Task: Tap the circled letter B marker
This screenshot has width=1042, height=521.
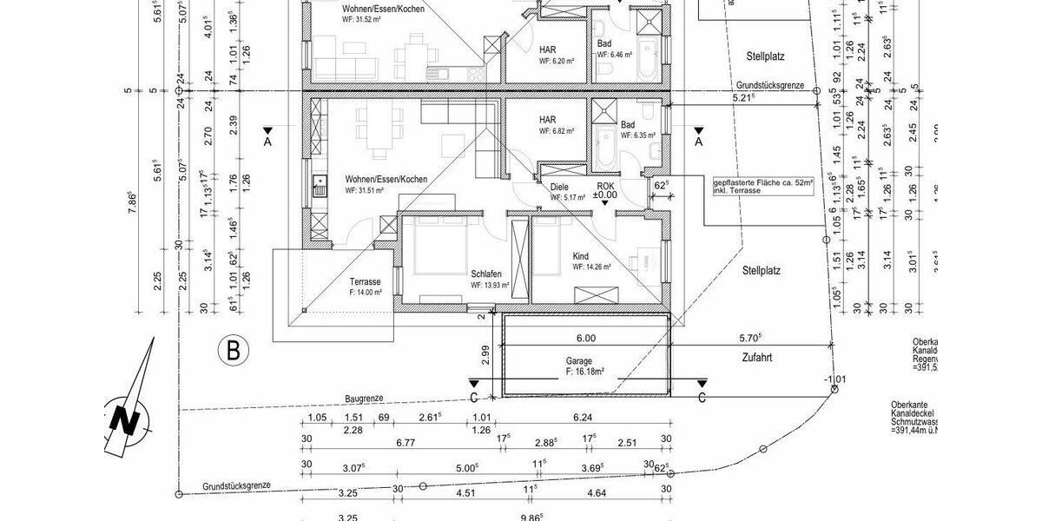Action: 233,351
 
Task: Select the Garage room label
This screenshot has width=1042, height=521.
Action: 579,361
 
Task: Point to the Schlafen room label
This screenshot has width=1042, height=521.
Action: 487,272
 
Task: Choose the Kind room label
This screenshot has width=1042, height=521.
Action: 580,256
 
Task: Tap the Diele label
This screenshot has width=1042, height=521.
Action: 559,187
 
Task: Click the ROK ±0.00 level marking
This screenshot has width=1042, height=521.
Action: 605,191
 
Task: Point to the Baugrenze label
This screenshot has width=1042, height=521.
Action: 363,398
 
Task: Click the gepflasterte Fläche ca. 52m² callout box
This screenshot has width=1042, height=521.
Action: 763,186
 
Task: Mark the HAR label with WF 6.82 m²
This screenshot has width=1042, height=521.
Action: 547,120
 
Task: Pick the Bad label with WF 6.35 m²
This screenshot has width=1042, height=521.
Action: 628,125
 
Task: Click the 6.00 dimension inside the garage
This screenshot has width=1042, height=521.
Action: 585,339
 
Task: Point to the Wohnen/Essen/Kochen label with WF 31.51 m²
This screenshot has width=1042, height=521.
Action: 386,179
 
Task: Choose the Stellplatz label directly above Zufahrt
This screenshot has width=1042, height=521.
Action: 762,271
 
